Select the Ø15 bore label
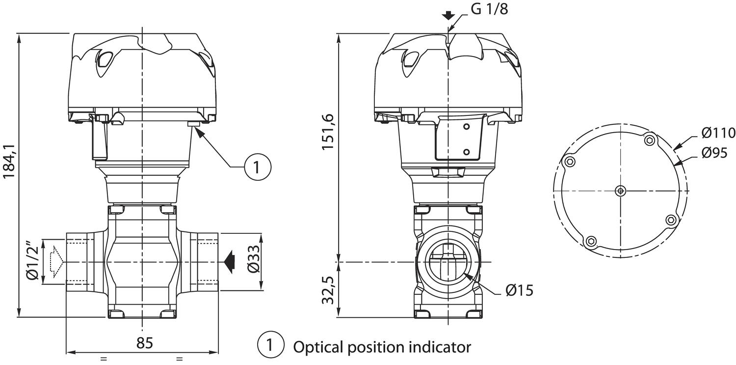[x=519, y=290]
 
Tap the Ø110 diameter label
[x=718, y=133]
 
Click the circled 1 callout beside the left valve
[x=258, y=167]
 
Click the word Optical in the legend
[x=318, y=347]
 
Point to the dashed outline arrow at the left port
[x=55, y=261]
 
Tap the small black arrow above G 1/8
[x=447, y=15]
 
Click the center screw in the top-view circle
[x=621, y=190]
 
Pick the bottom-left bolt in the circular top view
[x=591, y=241]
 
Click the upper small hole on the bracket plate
[x=467, y=127]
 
